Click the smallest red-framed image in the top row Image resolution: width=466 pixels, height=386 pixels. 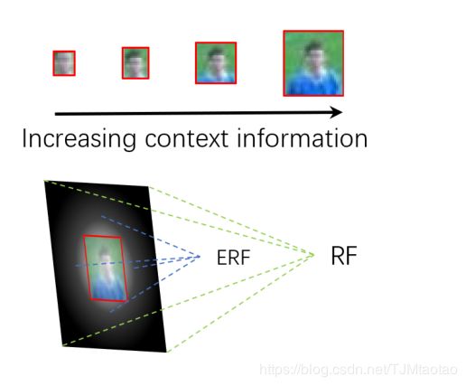pyautogui.click(x=64, y=63)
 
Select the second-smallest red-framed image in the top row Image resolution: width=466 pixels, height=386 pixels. pyautogui.click(x=135, y=63)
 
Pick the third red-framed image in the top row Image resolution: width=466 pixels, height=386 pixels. pyautogui.click(x=216, y=63)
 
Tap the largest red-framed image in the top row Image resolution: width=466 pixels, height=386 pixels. pyautogui.click(x=313, y=63)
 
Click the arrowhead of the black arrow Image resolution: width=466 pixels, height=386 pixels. pyautogui.click(x=336, y=112)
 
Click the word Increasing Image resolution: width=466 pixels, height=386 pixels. pyautogui.click(x=79, y=139)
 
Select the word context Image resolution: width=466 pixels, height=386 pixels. pyautogui.click(x=186, y=139)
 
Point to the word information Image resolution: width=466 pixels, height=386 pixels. pyautogui.click(x=303, y=138)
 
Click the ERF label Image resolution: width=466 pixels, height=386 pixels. pyautogui.click(x=234, y=258)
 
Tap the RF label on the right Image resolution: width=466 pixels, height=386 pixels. pyautogui.click(x=344, y=256)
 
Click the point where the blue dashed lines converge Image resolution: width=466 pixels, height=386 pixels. pyautogui.click(x=200, y=257)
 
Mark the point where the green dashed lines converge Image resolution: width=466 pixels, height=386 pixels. pyautogui.click(x=313, y=255)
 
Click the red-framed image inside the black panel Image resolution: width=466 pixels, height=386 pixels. pyautogui.click(x=105, y=268)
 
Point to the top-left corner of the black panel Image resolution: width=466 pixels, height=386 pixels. pyautogui.click(x=44, y=181)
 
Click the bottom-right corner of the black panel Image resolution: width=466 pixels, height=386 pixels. pyautogui.click(x=166, y=352)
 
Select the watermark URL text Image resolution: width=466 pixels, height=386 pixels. pyautogui.click(x=359, y=370)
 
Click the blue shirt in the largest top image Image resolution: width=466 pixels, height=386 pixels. pyautogui.click(x=313, y=83)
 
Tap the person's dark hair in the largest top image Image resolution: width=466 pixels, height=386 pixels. pyautogui.click(x=313, y=47)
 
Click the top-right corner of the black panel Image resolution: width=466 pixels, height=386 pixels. pyautogui.click(x=148, y=187)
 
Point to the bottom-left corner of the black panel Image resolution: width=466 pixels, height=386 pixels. pyautogui.click(x=63, y=346)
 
